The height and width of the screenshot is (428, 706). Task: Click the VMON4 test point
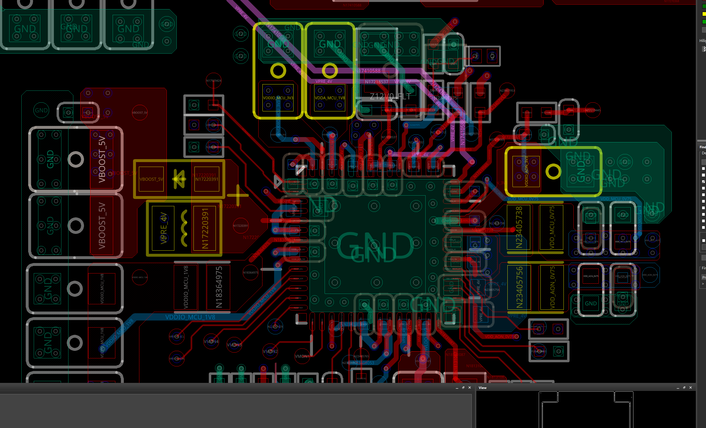(211, 341)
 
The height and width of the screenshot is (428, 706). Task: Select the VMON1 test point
(302, 356)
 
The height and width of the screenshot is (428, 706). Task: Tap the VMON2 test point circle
(270, 351)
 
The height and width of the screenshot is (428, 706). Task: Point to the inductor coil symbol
(184, 228)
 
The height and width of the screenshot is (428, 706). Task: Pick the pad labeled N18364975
(219, 287)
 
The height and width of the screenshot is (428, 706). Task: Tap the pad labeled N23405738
(519, 227)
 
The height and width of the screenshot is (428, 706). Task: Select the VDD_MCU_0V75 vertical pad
(552, 227)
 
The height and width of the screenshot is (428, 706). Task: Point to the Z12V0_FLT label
(390, 97)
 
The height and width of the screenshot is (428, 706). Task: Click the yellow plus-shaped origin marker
(237, 196)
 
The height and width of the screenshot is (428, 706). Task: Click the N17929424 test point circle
(213, 81)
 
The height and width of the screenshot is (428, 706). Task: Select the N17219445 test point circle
(593, 110)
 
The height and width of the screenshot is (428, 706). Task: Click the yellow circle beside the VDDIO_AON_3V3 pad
(553, 172)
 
